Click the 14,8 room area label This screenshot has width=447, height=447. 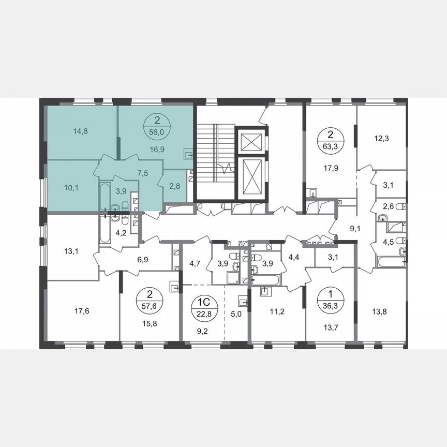(81, 131)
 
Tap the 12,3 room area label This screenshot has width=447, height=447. (381, 138)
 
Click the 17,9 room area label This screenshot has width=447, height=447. (330, 168)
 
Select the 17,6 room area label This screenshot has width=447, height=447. (82, 311)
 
